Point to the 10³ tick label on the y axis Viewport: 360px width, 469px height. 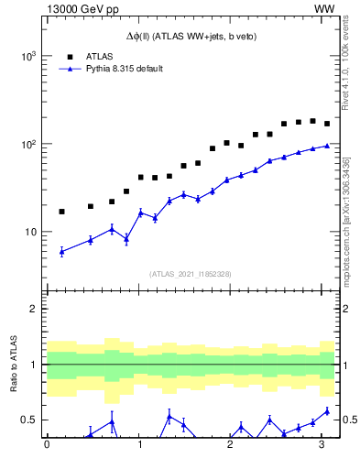click(27, 56)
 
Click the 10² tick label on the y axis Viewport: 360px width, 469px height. click(27, 144)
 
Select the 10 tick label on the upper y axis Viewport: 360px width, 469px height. click(29, 232)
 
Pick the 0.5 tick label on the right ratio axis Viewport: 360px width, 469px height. click(348, 420)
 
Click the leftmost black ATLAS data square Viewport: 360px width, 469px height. click(61, 212)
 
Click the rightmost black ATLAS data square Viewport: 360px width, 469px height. click(327, 124)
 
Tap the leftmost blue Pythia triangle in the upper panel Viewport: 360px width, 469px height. click(61, 251)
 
